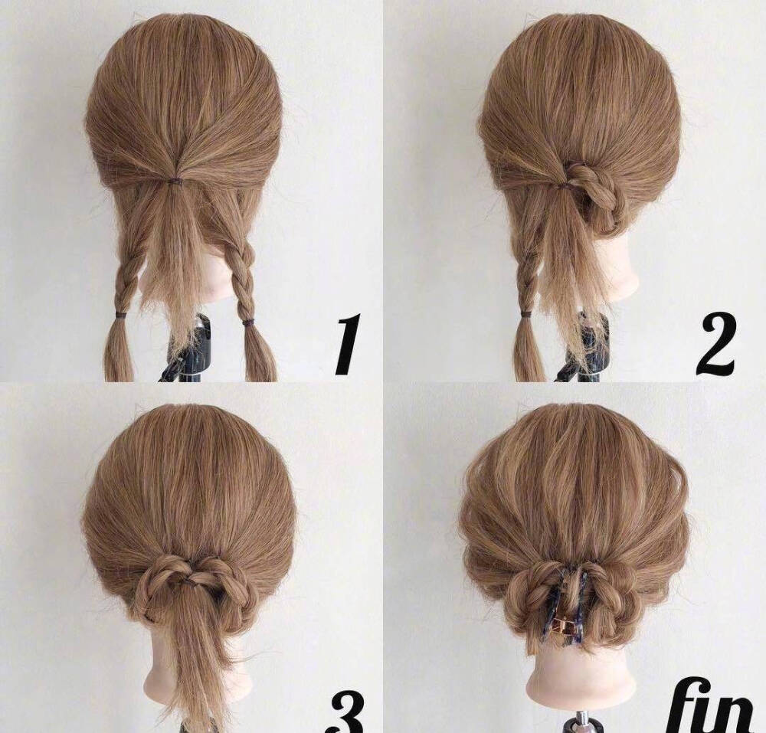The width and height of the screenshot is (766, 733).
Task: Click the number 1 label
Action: point(348,344)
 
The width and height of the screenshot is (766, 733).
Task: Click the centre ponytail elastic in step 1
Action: point(173,182)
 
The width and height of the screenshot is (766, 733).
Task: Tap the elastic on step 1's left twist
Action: point(119,312)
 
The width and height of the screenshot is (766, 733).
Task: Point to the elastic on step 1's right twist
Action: point(248,322)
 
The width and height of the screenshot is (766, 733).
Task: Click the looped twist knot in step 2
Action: point(594,193)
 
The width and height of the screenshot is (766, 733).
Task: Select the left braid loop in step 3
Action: point(161,584)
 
